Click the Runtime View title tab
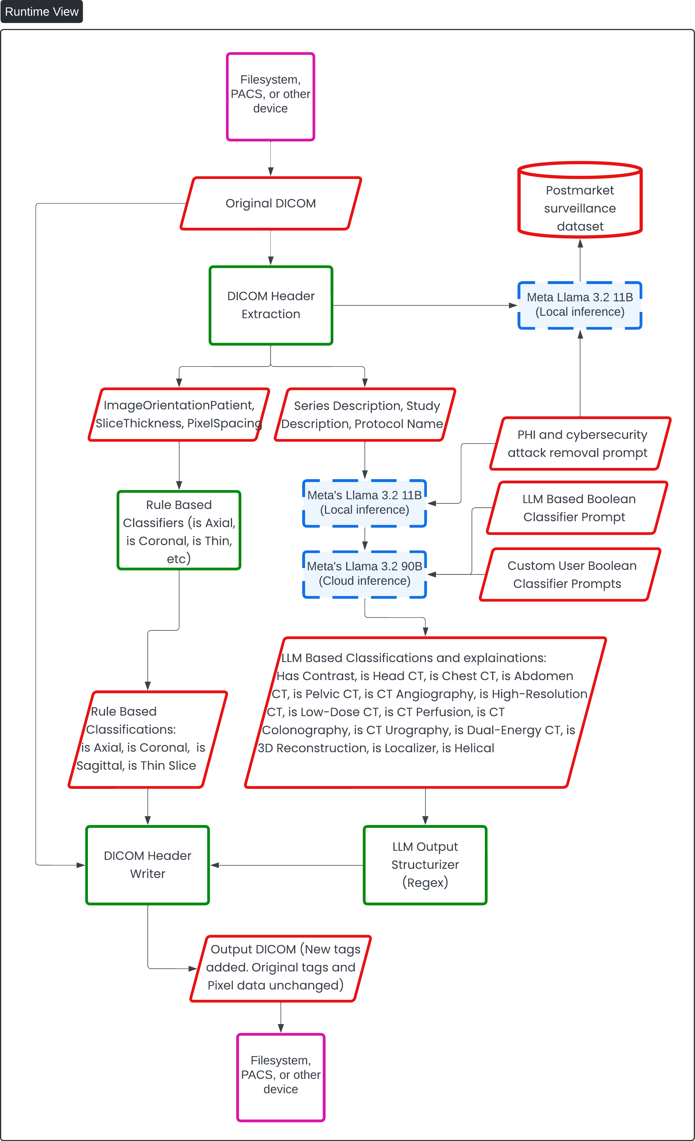42,12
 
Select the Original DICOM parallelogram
271,203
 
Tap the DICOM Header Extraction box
271,305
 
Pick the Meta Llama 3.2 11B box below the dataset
580,305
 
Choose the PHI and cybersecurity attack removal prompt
580,444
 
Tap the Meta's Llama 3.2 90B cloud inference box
365,574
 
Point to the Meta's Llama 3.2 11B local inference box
365,503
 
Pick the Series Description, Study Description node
365,414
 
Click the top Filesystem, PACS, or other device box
271,97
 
